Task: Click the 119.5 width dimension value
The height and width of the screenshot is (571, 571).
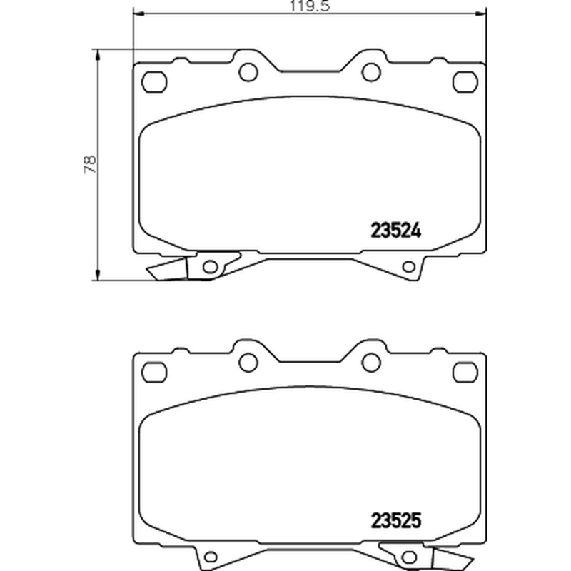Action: (310, 6)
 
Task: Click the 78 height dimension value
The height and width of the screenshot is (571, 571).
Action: (91, 165)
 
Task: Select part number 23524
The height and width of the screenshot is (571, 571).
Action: (396, 231)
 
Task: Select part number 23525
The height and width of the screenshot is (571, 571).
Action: (396, 520)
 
